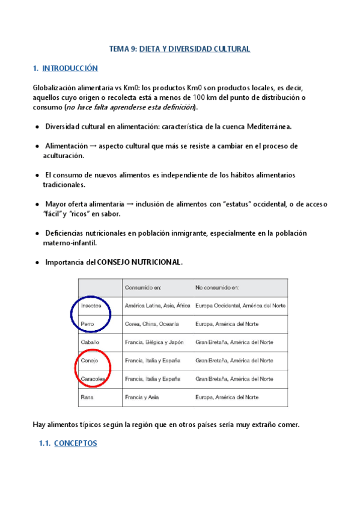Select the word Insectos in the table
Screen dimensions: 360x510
click(x=92, y=306)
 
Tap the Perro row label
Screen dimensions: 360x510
click(x=88, y=324)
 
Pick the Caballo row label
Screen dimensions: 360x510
click(x=91, y=342)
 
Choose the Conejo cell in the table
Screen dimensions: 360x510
click(x=90, y=361)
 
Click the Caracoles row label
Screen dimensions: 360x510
click(x=94, y=379)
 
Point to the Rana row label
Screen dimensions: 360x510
click(x=88, y=398)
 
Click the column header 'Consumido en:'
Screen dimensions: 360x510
click(x=143, y=287)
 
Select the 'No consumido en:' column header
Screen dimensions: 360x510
click(x=216, y=287)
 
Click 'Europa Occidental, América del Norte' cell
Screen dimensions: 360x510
click(x=240, y=306)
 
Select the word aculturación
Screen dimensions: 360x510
click(x=63, y=155)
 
